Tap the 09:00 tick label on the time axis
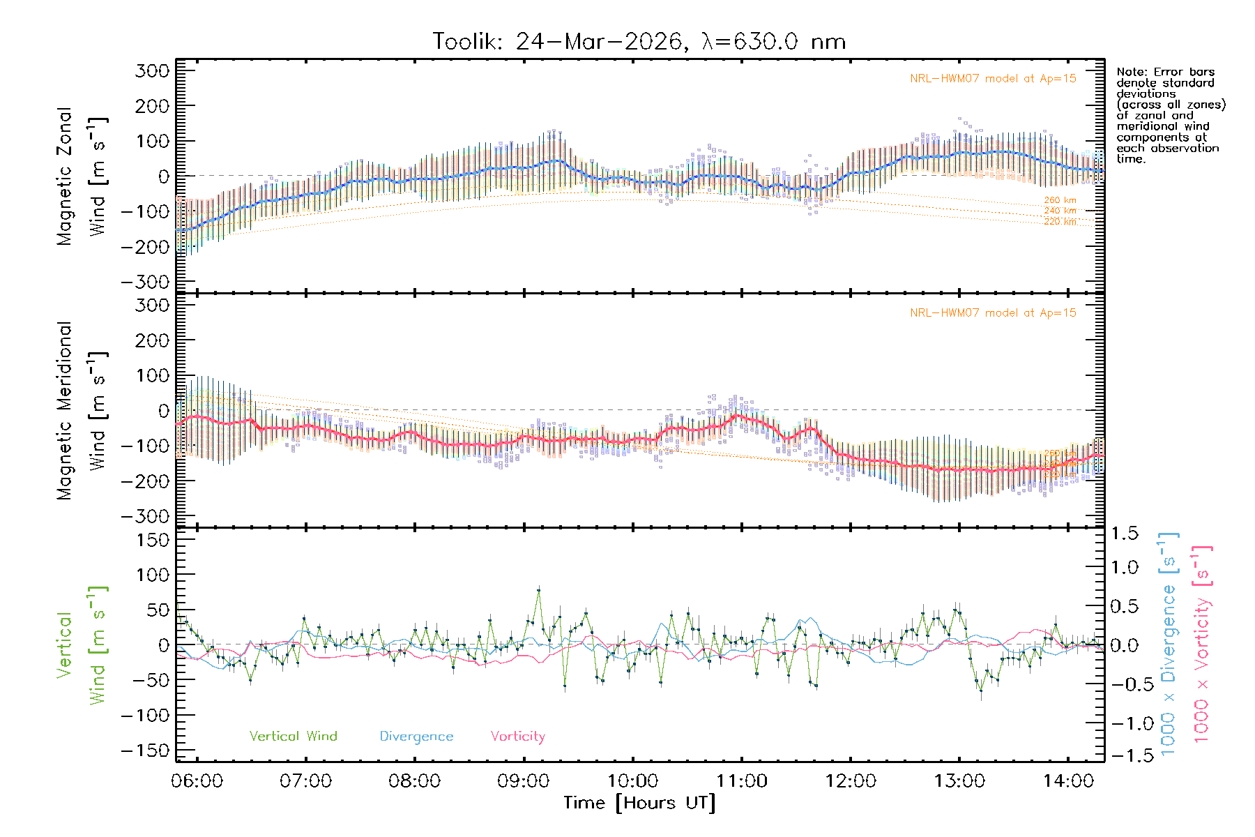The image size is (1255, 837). pos(523,781)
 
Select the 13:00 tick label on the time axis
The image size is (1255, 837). pos(959,781)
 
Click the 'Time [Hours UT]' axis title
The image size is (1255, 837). pos(639,804)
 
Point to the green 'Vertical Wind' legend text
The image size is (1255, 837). pos(293,737)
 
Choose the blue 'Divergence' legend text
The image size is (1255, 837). pos(416,737)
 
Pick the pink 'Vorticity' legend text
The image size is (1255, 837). pos(517,737)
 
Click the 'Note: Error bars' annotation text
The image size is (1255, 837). pos(1166,73)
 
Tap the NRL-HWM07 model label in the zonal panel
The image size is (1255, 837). pos(993,79)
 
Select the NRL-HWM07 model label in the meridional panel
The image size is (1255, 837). pos(993,313)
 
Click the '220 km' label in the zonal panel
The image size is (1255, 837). pos(1060,222)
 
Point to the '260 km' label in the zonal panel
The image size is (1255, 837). pos(1060,200)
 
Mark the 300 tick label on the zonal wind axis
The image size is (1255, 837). pos(152,70)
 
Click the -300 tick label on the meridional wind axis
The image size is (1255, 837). pos(145,516)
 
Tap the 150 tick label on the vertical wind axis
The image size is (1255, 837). pos(152,540)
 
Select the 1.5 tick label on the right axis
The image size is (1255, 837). pos(1124,534)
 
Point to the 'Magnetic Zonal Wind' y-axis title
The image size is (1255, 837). pos(82,176)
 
